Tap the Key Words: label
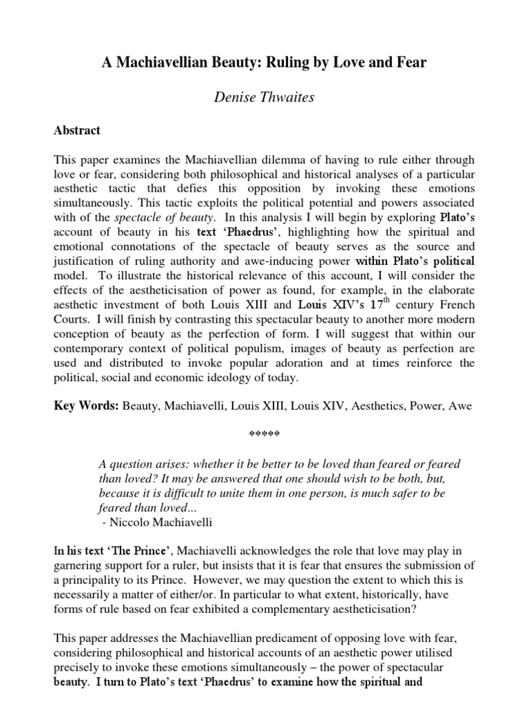point(87,406)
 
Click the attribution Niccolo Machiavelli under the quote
point(156,522)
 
